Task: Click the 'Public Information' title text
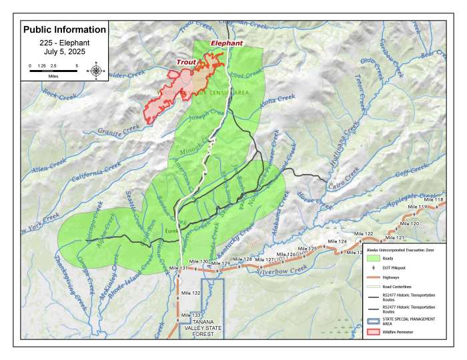[x=64, y=30]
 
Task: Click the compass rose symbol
[x=97, y=71]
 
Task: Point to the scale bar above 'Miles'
[x=53, y=71]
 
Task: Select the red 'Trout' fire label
[x=186, y=63]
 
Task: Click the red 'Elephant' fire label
[x=227, y=43]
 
